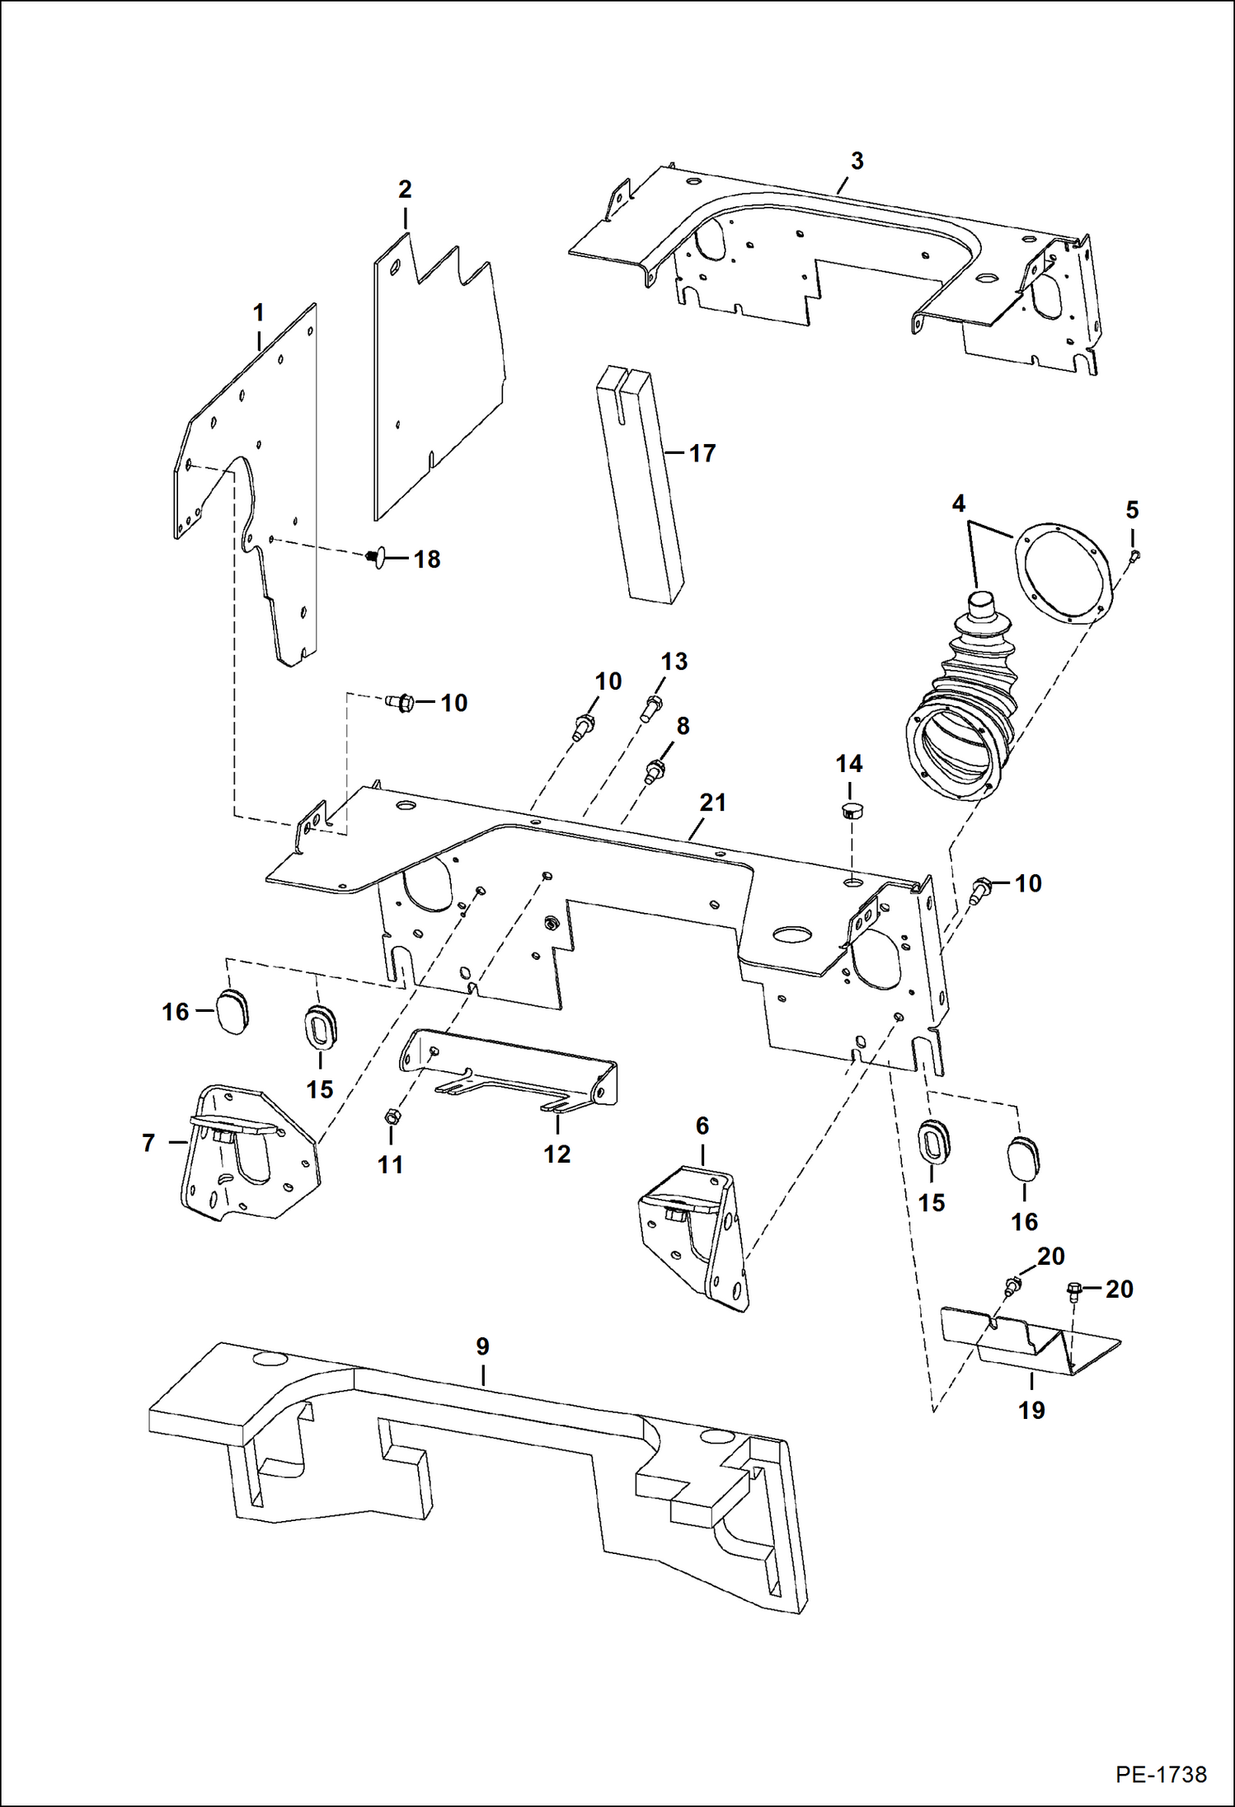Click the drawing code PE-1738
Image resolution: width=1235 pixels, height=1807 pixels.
1161,1774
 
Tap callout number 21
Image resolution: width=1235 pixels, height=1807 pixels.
712,802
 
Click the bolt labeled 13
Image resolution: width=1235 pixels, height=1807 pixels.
651,706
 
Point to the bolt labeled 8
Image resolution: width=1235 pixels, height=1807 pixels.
656,771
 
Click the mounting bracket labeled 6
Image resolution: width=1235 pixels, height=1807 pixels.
697,1236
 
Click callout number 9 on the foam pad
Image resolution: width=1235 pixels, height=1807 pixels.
482,1346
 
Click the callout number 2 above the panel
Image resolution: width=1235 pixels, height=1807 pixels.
405,189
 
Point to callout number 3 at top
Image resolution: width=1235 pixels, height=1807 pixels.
857,161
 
